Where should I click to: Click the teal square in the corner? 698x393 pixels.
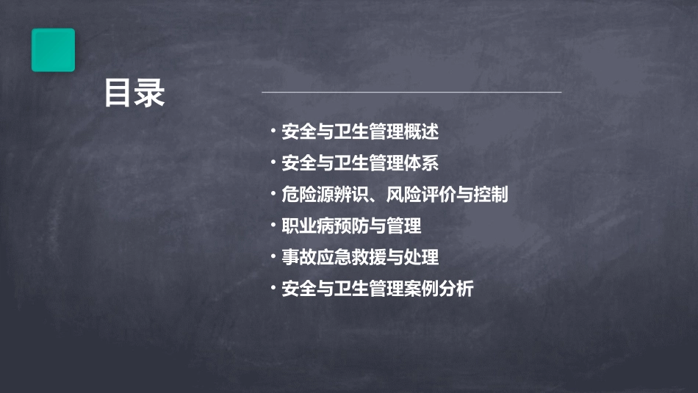tap(53, 50)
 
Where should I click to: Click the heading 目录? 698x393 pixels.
tap(134, 94)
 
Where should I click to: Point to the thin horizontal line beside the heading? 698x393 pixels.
tap(411, 93)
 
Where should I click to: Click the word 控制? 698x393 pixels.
tap(490, 195)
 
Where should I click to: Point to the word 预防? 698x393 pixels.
tap(350, 226)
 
